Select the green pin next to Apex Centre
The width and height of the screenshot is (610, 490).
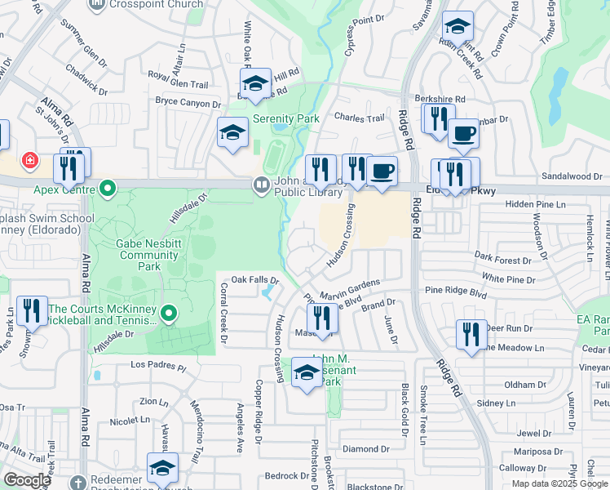[108, 190]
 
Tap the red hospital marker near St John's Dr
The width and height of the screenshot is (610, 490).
[30, 160]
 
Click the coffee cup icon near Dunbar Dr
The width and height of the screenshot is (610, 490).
[463, 134]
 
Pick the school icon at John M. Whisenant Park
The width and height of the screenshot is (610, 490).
[307, 374]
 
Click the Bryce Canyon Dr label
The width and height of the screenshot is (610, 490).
[188, 104]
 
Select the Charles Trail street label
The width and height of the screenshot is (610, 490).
[359, 118]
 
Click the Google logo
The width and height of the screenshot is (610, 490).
[27, 480]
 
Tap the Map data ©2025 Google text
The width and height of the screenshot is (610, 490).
[559, 483]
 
